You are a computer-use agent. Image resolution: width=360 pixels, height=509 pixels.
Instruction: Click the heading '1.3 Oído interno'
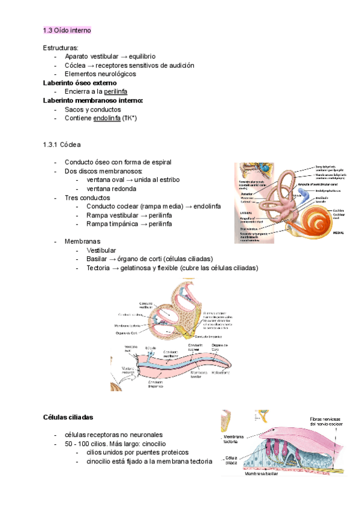67,30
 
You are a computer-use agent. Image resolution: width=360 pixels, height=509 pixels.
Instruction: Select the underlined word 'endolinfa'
106,118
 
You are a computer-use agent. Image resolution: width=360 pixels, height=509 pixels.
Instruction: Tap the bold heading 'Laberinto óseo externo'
80,82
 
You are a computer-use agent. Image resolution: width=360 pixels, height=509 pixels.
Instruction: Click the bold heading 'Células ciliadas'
68,417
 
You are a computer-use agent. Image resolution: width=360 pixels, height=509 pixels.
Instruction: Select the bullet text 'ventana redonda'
112,188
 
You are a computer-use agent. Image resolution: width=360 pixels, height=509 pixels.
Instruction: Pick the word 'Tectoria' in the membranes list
100,268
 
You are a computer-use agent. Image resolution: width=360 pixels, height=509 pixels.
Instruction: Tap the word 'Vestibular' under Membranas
101,250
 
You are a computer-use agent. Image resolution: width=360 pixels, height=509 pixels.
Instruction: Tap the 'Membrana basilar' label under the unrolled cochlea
199,375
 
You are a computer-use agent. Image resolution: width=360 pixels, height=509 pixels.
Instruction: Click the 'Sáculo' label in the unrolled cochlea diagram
151,348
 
